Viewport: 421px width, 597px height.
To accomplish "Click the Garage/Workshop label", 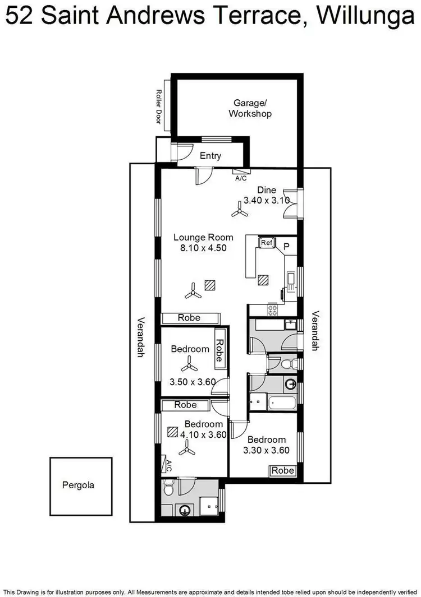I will click(x=250, y=108).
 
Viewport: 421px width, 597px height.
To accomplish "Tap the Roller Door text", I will click(x=159, y=109).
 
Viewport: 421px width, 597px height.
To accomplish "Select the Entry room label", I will click(x=210, y=156).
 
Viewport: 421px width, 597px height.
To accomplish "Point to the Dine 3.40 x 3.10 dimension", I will click(x=266, y=200).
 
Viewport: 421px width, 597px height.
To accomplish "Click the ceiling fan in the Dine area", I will click(x=240, y=211).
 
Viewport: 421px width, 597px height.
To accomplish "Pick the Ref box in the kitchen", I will click(x=266, y=242).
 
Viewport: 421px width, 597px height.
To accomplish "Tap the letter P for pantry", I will click(x=286, y=246).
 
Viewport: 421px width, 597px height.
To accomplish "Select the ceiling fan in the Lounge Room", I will click(x=194, y=290).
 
